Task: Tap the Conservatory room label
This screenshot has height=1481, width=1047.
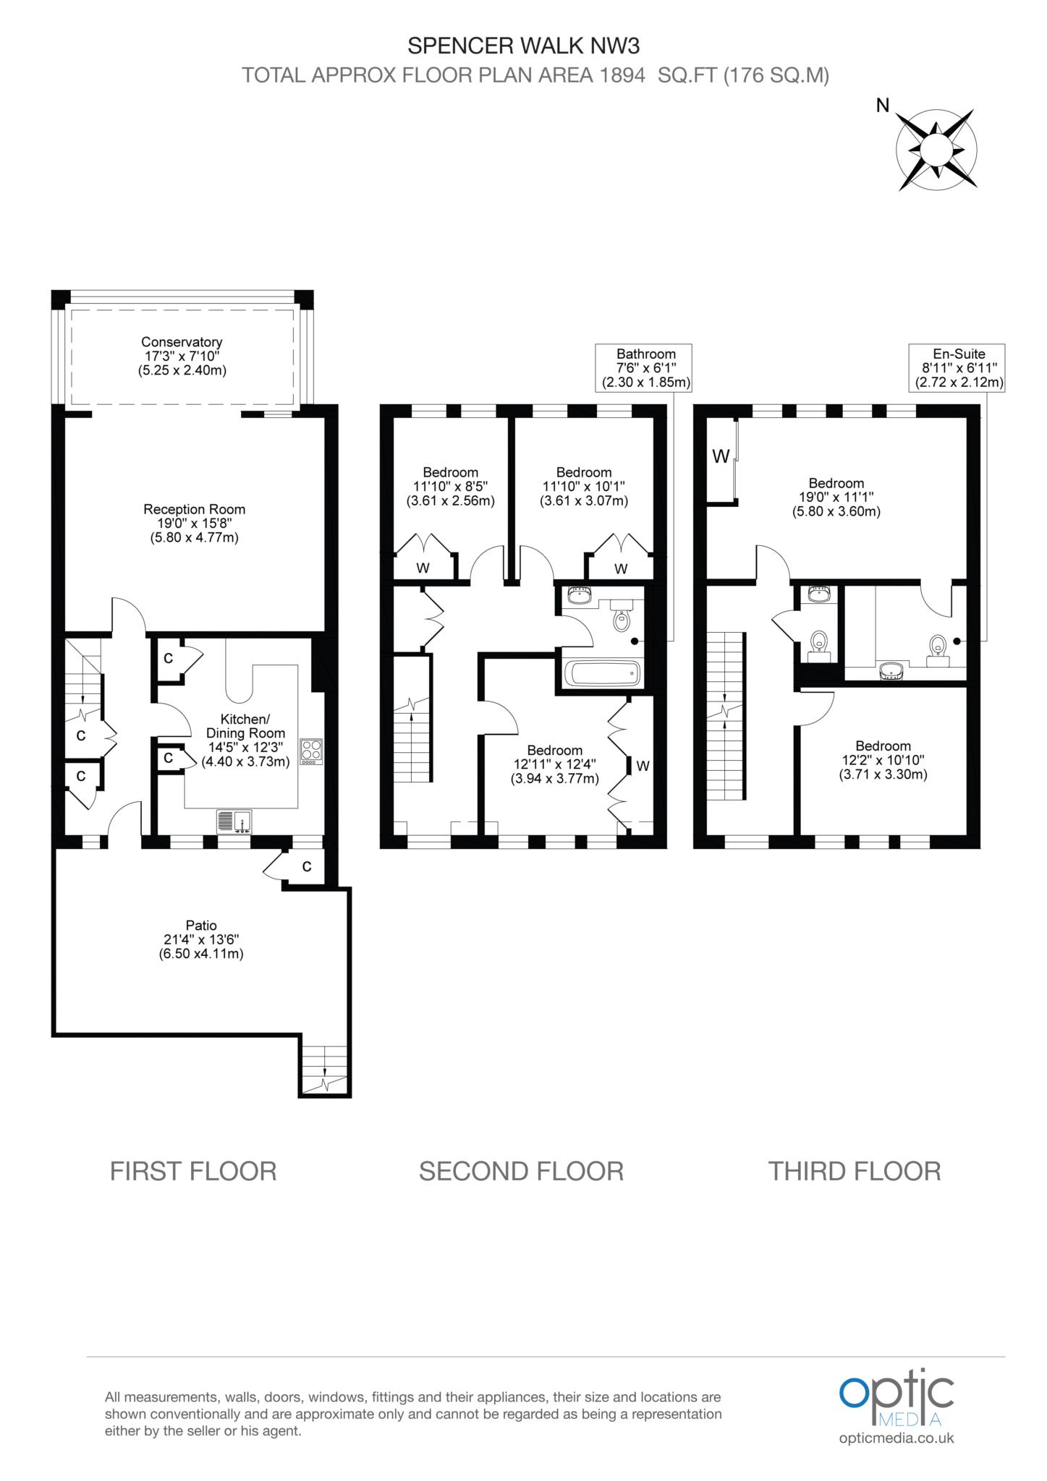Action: (182, 356)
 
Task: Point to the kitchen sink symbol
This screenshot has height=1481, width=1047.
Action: (234, 821)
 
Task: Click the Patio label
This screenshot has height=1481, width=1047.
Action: (201, 939)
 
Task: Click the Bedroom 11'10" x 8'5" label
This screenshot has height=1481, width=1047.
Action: (451, 487)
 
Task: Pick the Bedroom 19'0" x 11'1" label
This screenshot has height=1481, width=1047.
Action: (836, 498)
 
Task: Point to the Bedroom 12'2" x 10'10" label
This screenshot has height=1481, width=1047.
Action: (883, 760)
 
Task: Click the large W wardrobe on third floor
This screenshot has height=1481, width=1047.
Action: (721, 456)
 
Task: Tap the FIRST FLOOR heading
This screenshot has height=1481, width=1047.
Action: (193, 1171)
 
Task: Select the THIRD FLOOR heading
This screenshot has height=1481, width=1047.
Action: (855, 1171)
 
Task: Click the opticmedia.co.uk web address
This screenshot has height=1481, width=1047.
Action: (896, 1438)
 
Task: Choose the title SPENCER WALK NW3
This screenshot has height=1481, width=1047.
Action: (524, 46)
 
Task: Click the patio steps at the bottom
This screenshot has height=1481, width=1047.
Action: (324, 1070)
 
